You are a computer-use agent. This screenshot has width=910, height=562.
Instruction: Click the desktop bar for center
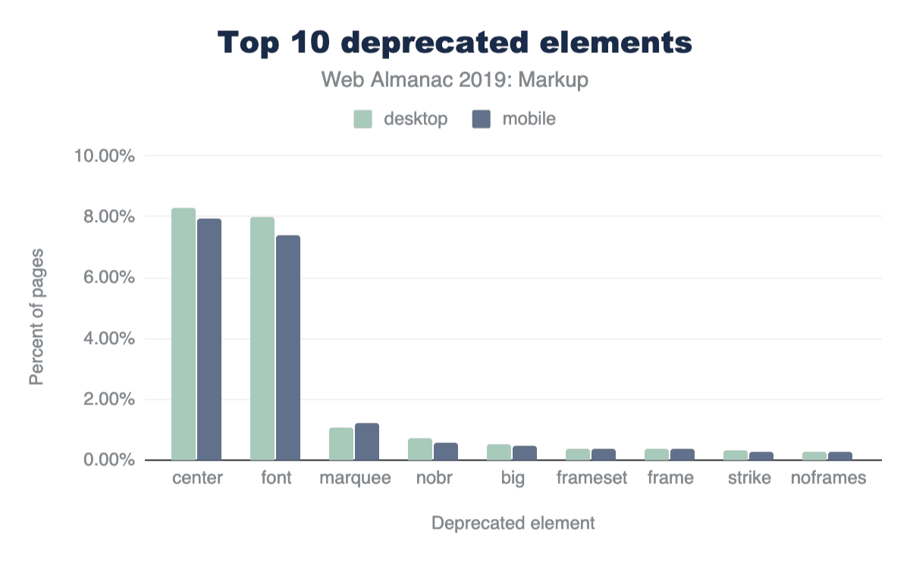pyautogui.click(x=184, y=334)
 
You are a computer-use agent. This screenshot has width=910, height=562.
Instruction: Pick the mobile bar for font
pyautogui.click(x=288, y=348)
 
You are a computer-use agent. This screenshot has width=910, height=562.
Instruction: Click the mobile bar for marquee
pyautogui.click(x=367, y=442)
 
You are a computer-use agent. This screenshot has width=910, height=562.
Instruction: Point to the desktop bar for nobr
pyautogui.click(x=420, y=449)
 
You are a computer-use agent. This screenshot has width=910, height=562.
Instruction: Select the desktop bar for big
pyautogui.click(x=499, y=452)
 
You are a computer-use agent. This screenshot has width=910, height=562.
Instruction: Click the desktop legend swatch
pyautogui.click(x=363, y=119)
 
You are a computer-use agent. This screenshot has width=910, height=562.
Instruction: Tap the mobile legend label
pyautogui.click(x=529, y=119)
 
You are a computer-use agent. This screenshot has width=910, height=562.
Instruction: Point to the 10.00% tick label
pyautogui.click(x=105, y=157)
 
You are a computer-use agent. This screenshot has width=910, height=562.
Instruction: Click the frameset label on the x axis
pyautogui.click(x=591, y=479)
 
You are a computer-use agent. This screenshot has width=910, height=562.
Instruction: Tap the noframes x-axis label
pyautogui.click(x=828, y=479)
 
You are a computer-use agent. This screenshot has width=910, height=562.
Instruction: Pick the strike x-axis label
pyautogui.click(x=748, y=479)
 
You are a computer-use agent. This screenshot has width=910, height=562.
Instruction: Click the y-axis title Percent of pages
pyautogui.click(x=36, y=316)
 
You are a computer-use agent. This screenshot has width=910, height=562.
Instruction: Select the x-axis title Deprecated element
pyautogui.click(x=513, y=523)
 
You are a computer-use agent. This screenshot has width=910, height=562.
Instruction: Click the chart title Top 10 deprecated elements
pyautogui.click(x=455, y=43)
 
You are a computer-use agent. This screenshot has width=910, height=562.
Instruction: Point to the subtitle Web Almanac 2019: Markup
pyautogui.click(x=455, y=80)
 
